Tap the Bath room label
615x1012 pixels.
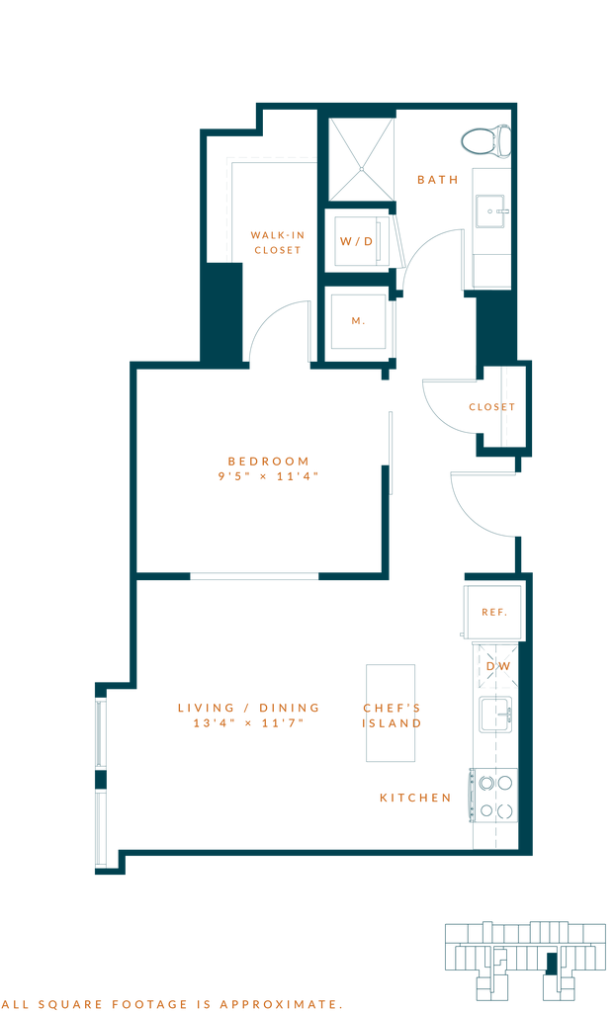[438, 180]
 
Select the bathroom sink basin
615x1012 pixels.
[491, 211]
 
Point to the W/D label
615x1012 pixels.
[356, 241]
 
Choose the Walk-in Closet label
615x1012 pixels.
[277, 242]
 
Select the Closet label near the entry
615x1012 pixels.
[491, 407]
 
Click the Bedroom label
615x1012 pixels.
[269, 467]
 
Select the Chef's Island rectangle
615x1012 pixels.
[392, 713]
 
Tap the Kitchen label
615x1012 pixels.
[415, 798]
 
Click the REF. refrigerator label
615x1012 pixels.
[493, 613]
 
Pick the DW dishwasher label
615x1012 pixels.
[498, 667]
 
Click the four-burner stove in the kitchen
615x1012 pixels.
[492, 797]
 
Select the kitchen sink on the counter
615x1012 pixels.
[495, 714]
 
